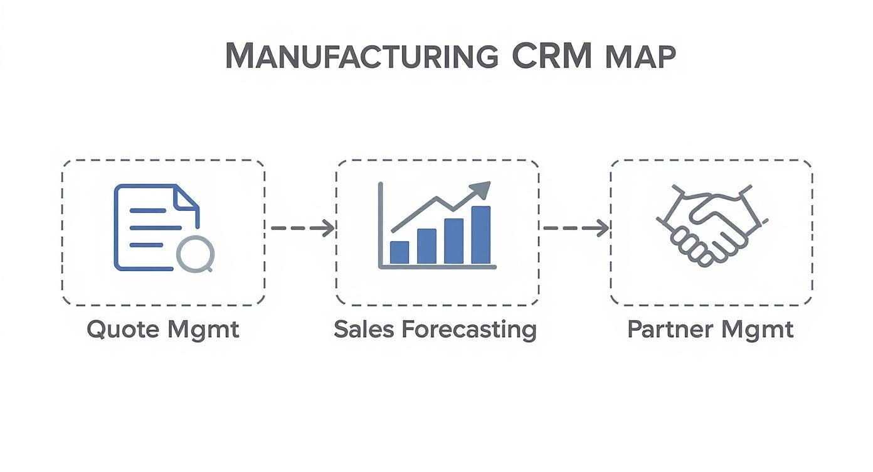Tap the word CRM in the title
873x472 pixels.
click(x=552, y=56)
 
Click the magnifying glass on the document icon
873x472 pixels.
click(x=195, y=254)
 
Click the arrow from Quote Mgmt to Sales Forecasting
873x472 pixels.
click(x=302, y=228)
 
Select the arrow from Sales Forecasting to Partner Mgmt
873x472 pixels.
click(x=576, y=228)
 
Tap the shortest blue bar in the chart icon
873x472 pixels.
click(x=399, y=252)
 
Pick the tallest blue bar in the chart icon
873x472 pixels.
click(x=481, y=235)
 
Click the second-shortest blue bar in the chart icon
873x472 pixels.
click(x=426, y=246)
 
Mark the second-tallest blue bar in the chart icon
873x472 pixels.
click(x=454, y=241)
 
